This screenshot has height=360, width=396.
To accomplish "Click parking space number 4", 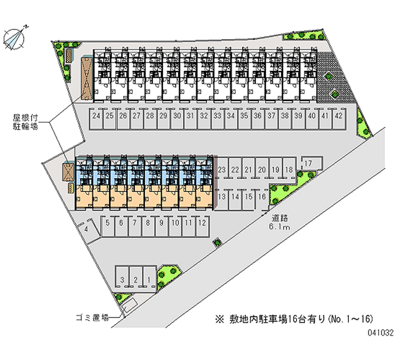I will pyautogui.click(x=87, y=229).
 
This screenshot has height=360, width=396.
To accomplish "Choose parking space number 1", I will pyautogui.click(x=148, y=280).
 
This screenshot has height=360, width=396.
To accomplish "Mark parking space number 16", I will pyautogui.click(x=262, y=197).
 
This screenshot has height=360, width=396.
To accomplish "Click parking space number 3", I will pyautogui.click(x=122, y=280).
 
